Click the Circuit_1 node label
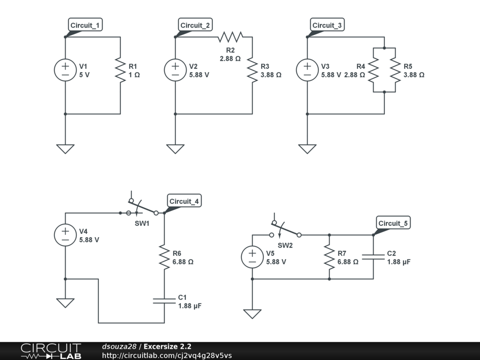pyautogui.click(x=85, y=25)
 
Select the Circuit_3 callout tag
pyautogui.click(x=327, y=25)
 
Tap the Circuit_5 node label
pyautogui.click(x=393, y=223)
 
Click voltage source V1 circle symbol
pyautogui.click(x=65, y=70)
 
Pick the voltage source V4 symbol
pyautogui.click(x=65, y=235)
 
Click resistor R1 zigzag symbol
pyautogui.click(x=120, y=70)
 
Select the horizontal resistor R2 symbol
pyautogui.click(x=231, y=37)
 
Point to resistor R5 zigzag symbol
pyautogui.click(x=395, y=70)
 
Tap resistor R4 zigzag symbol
pyautogui.click(x=374, y=70)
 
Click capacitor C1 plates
pyautogui.click(x=165, y=300)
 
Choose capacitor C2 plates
pyautogui.click(x=373, y=257)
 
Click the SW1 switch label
pyautogui.click(x=142, y=224)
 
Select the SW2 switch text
pyautogui.click(x=285, y=246)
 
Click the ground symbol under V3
pyautogui.click(x=307, y=149)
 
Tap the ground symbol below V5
pyautogui.click(x=252, y=314)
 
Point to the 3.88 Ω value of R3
pyautogui.click(x=271, y=75)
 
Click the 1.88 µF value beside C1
pyautogui.click(x=190, y=306)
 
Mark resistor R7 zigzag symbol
pyautogui.click(x=330, y=257)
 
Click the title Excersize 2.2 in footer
pyautogui.click(x=167, y=346)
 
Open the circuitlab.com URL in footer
pyautogui.click(x=167, y=355)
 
